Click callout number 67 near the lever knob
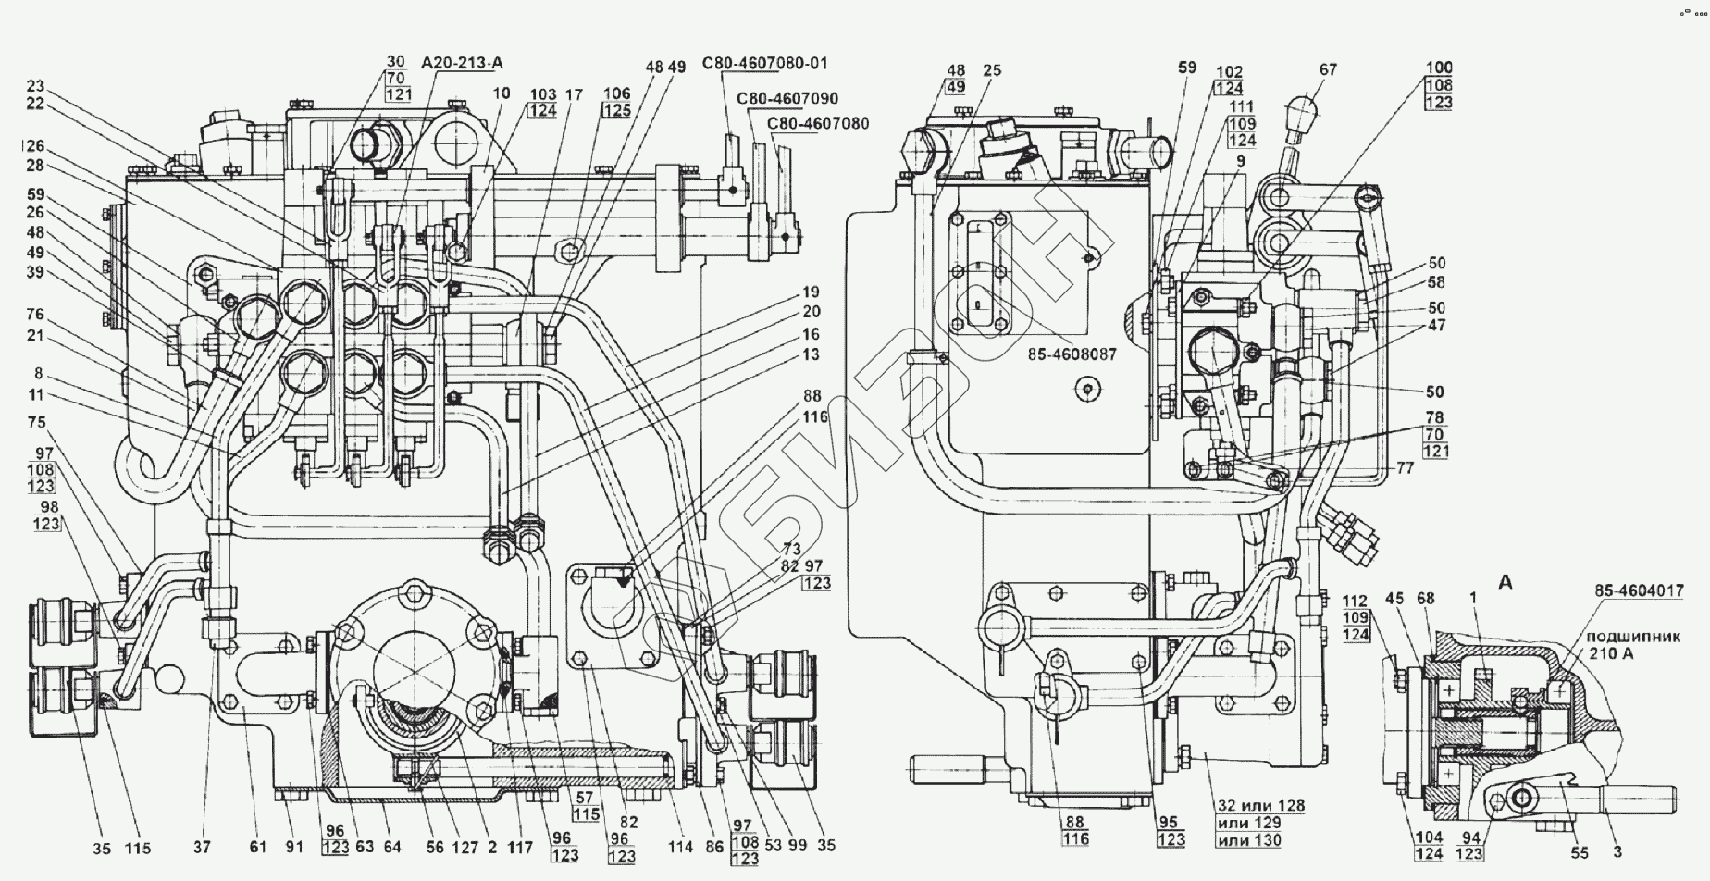point(1329,69)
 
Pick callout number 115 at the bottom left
point(139,848)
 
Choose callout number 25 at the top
point(993,69)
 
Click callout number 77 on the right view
point(1406,468)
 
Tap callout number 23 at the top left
point(34,87)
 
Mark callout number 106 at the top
point(616,93)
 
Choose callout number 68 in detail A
point(1425,599)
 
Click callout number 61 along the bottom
point(257,847)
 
